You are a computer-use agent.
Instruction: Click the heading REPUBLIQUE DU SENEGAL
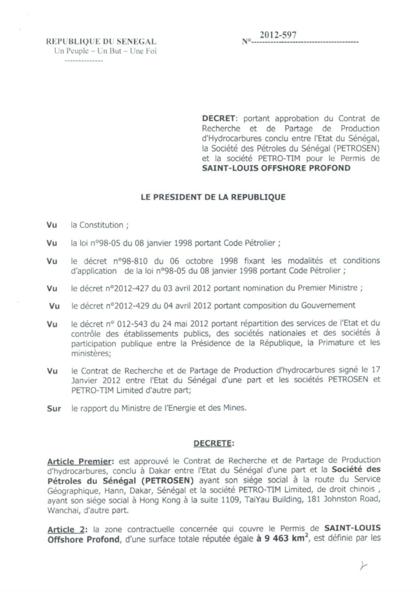point(101,41)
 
